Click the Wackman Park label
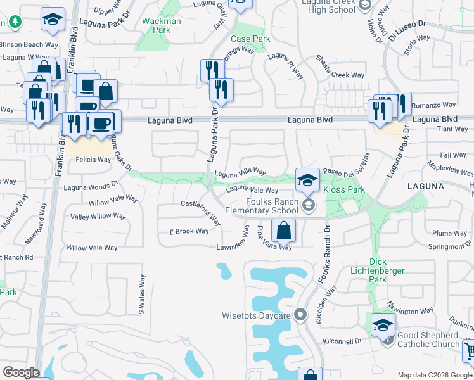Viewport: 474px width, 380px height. [x=162, y=25]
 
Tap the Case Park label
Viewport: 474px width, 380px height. [x=250, y=39]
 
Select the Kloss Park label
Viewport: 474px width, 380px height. [x=344, y=189]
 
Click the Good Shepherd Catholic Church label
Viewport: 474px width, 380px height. [x=428, y=339]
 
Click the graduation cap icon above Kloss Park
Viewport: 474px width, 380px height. [x=307, y=179]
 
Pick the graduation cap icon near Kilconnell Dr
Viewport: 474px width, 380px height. [x=383, y=325]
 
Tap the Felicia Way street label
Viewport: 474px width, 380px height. [x=93, y=160]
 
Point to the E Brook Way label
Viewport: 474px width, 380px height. [x=189, y=231]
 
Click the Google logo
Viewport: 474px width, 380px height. [x=21, y=372]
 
